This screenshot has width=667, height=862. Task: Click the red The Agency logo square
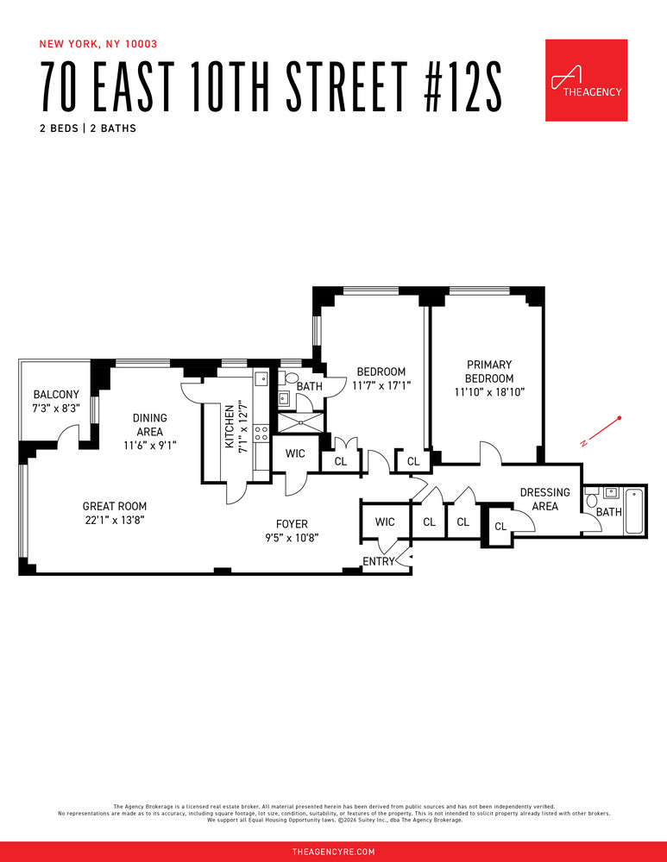point(586,80)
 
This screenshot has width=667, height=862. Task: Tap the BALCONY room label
point(55,402)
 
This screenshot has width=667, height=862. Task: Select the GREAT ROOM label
point(114,514)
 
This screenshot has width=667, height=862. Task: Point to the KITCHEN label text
point(230,428)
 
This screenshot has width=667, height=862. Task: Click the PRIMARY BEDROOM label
point(489,372)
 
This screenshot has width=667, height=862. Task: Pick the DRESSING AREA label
point(544,499)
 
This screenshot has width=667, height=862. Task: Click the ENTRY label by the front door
point(378,561)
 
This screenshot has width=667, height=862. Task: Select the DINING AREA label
point(151,425)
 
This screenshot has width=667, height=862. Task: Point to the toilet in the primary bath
point(591,500)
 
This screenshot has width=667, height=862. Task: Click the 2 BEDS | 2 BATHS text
point(88,128)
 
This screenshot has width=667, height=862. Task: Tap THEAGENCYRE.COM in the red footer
point(333,852)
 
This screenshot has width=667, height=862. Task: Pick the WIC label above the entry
point(385,522)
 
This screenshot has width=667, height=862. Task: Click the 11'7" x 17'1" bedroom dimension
point(381,386)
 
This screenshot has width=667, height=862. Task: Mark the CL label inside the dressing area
point(500,527)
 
